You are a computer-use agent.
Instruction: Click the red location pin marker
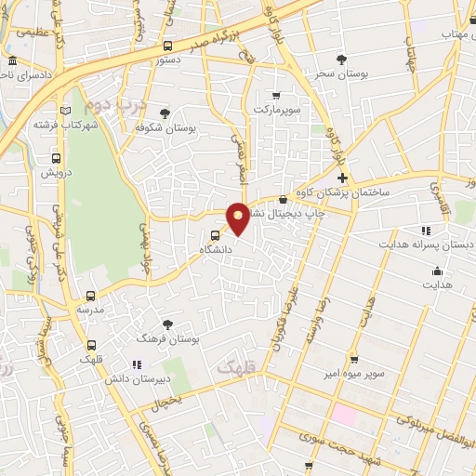pos(239,217)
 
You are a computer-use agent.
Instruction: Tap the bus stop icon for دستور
pos(167,46)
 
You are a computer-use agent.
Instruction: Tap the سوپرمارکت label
pos(274,109)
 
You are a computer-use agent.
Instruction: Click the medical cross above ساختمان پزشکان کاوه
pos(342,178)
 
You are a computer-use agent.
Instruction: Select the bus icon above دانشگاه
pos(216,235)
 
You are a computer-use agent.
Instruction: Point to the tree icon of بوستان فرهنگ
pos(167,324)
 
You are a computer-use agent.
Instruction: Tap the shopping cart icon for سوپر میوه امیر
pos(353,359)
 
